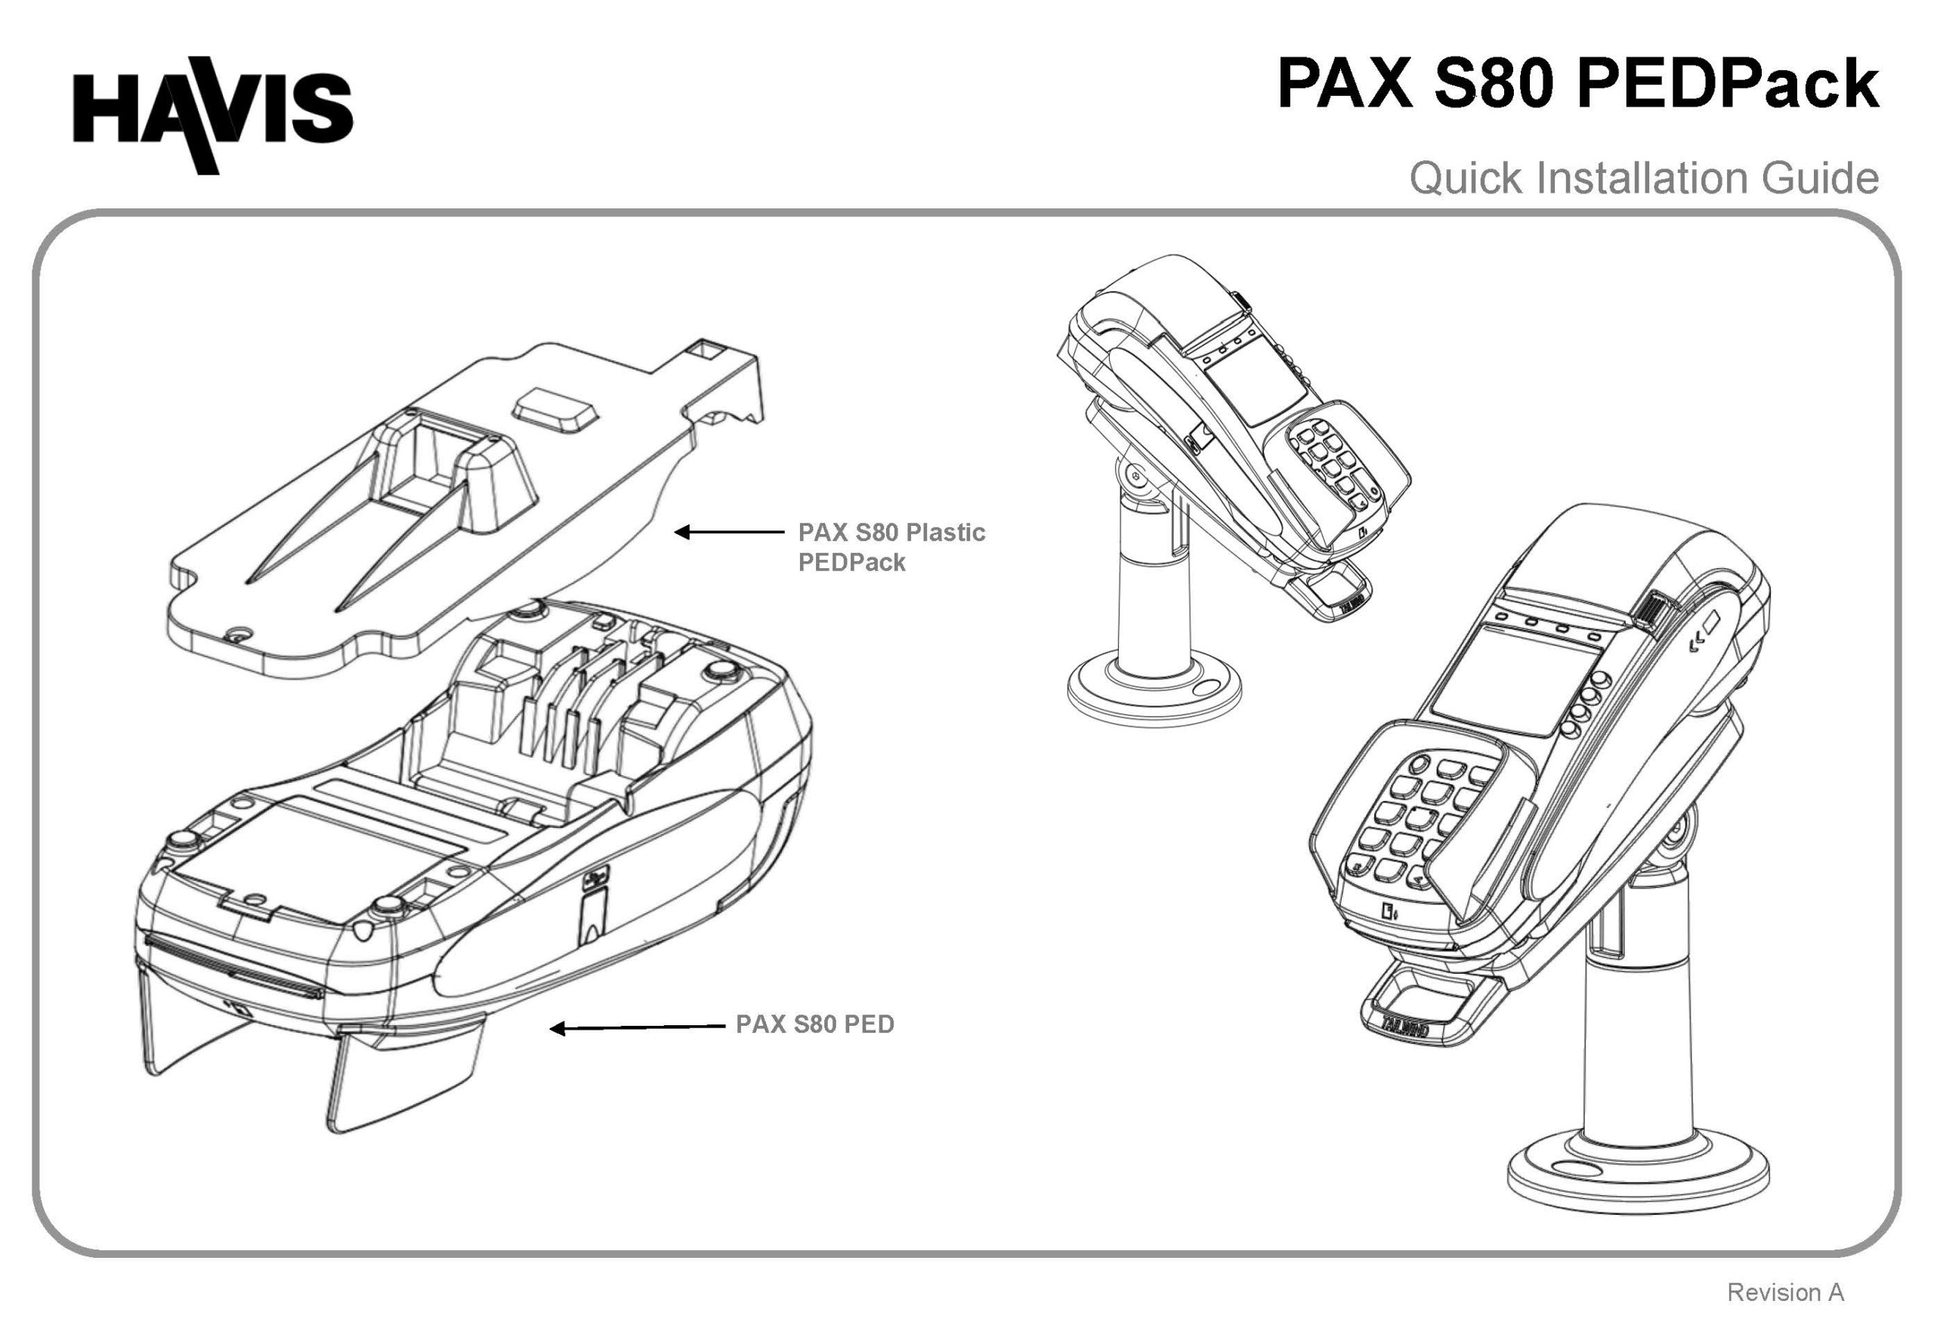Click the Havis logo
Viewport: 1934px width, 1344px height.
coord(212,113)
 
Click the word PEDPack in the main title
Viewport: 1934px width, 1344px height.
coord(1728,84)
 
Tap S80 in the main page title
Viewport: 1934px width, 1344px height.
coord(1493,84)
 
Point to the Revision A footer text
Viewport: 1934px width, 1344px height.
coord(1784,1292)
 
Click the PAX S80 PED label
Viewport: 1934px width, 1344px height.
coord(814,1024)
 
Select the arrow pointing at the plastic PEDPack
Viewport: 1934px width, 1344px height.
coord(728,532)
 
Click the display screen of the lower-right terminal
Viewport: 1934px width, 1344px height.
coord(1507,683)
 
